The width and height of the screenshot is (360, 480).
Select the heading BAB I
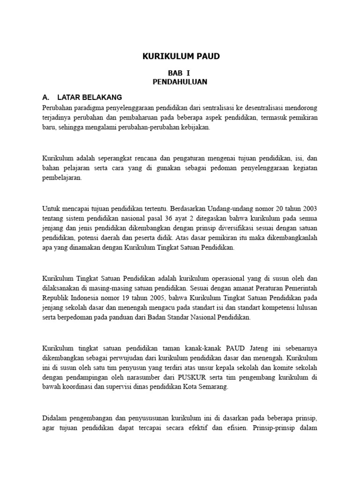(180, 73)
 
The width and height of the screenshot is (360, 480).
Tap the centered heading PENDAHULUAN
(180, 82)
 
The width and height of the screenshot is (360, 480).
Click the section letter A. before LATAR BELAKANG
(46, 97)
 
